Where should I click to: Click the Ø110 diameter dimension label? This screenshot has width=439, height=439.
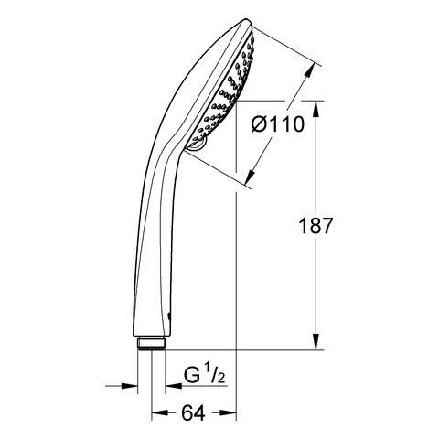coord(278,124)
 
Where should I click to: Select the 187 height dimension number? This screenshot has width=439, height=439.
coord(316,226)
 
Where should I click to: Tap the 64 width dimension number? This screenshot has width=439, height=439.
coord(193,413)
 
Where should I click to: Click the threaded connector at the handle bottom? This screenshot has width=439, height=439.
coord(151,343)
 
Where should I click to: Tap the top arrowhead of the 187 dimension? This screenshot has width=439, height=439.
coord(316,109)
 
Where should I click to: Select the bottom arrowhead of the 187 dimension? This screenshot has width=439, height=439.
coord(316,341)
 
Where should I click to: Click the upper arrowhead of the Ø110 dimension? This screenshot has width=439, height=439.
coord(309,71)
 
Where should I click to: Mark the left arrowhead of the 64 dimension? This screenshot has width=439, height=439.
coord(160,412)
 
